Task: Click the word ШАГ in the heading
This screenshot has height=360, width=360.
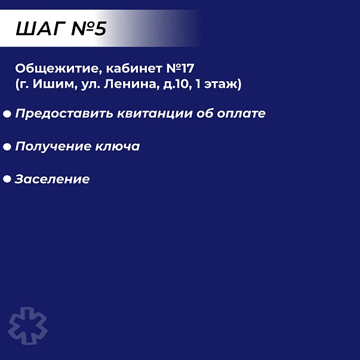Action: point(41,29)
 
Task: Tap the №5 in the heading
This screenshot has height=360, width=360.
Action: point(89,29)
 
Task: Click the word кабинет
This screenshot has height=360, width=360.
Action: point(134,68)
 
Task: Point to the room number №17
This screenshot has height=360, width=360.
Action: point(180,69)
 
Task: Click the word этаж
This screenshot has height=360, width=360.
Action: point(223,84)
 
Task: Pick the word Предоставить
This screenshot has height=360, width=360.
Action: point(64,113)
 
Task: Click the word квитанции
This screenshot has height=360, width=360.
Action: point(155,113)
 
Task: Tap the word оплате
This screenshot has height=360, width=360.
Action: point(241,113)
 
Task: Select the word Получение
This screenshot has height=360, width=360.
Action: point(53,146)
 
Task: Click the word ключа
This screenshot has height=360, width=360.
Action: point(118,146)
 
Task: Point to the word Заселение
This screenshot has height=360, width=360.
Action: point(52,179)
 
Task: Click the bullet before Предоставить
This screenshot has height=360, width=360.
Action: point(7,114)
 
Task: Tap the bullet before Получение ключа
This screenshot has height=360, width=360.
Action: point(7,147)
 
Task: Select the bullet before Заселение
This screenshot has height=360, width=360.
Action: point(7,179)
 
